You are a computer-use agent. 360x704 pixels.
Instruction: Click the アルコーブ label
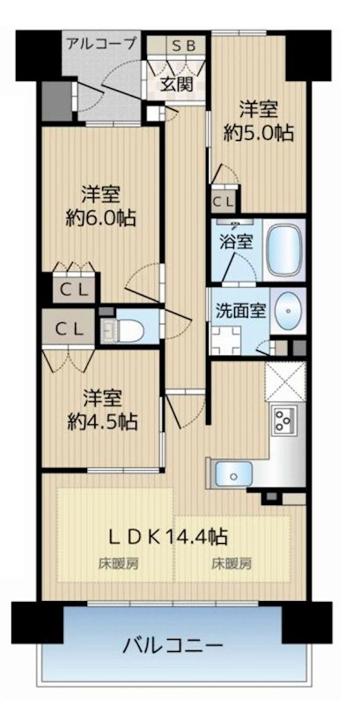point(101,42)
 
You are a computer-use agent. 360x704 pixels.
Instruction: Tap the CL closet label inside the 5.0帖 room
point(224,200)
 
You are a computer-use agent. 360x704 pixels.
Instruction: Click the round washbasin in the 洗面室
point(288,310)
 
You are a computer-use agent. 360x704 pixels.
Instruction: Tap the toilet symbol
point(114,330)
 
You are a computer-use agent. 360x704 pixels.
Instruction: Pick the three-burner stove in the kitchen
point(287,420)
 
